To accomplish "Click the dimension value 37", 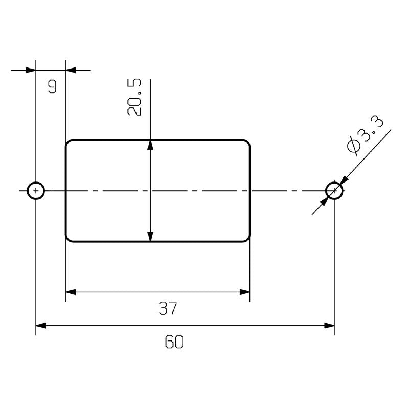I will pos(168,308).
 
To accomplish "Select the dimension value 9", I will pos(52,86).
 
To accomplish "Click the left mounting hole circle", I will pos(36,191).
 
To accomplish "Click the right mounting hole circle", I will pos(334,191).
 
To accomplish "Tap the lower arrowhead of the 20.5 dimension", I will pos(150,236).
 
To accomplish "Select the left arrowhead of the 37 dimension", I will pos(71,292).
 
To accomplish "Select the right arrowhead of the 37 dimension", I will pos(245,292).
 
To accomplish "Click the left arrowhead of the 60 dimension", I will pos(41,325).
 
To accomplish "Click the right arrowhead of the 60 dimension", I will pos(329,325).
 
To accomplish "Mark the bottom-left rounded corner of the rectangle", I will pos(68,239).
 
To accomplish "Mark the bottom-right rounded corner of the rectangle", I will pos(248,239).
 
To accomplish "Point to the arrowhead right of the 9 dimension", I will pos(71,70).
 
